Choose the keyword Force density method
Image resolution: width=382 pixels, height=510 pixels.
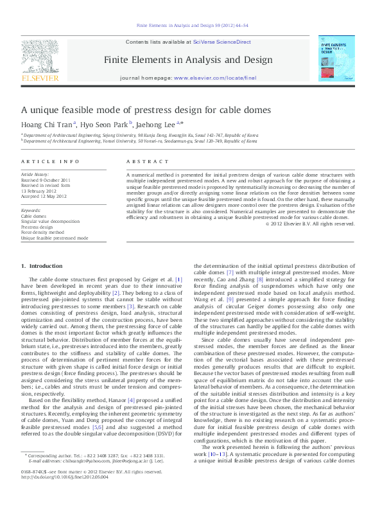tap(42, 233)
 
